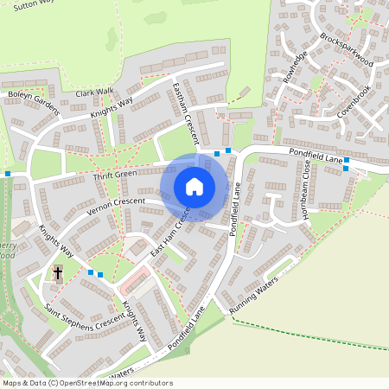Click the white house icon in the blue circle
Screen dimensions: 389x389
coord(194,187)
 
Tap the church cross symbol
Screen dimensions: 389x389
coord(58,274)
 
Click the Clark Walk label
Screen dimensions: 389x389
coord(94,92)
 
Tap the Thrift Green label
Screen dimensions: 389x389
coord(115,175)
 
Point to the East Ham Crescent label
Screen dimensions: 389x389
coord(169,236)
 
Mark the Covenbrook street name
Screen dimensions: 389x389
coord(354,100)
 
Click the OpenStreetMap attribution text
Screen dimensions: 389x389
coord(88,382)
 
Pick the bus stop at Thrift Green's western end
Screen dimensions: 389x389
coord(8,174)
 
